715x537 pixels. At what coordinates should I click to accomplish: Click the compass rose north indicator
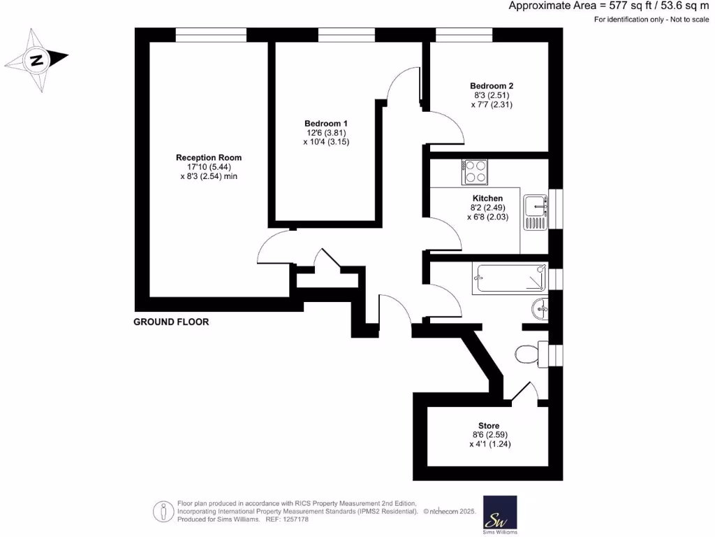(36, 60)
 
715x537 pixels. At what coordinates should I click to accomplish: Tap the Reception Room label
(208, 158)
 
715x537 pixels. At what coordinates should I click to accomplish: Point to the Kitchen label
(487, 199)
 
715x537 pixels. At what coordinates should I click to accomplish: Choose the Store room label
(488, 426)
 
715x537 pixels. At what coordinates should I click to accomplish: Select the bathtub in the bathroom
(510, 280)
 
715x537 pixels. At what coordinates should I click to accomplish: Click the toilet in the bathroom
(531, 355)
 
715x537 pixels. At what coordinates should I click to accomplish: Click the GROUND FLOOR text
(171, 322)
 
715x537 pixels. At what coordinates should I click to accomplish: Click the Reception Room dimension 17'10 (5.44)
(208, 168)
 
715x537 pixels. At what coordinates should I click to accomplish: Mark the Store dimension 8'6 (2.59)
(488, 435)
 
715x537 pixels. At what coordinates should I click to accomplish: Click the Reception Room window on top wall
(211, 32)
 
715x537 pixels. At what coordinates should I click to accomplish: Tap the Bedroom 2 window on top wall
(464, 32)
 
